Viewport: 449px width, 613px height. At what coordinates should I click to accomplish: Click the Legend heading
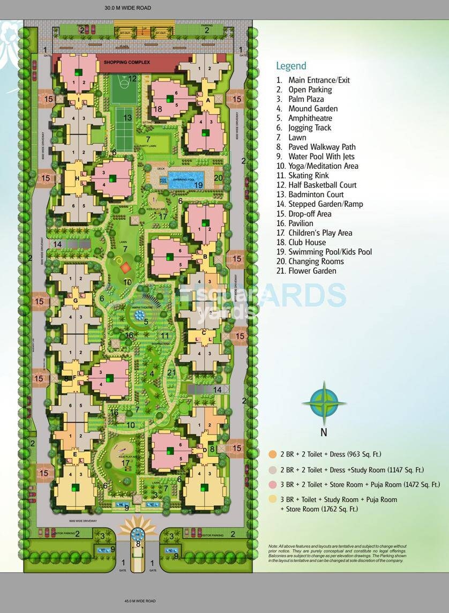click(291, 66)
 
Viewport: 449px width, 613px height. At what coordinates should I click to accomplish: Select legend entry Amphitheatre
click(310, 118)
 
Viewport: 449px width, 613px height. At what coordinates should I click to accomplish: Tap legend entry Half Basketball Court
click(322, 185)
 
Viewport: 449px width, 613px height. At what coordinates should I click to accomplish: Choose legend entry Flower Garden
click(312, 271)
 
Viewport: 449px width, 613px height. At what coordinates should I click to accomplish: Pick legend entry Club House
click(307, 242)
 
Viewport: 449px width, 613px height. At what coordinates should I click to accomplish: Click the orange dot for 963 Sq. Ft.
click(272, 454)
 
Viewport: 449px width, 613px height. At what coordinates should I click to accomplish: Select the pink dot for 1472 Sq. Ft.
click(272, 484)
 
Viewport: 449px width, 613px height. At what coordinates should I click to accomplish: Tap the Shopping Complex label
click(127, 63)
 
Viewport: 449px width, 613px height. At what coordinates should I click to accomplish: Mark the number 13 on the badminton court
click(128, 118)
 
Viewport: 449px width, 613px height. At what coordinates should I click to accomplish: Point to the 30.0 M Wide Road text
click(128, 8)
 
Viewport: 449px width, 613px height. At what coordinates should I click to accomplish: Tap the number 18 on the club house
click(158, 109)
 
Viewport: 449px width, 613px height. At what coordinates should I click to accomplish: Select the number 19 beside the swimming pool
click(198, 185)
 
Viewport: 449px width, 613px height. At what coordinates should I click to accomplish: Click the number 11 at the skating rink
click(165, 335)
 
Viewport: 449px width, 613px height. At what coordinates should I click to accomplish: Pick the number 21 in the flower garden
click(171, 373)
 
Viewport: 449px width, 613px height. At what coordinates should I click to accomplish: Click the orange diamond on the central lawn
click(125, 266)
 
